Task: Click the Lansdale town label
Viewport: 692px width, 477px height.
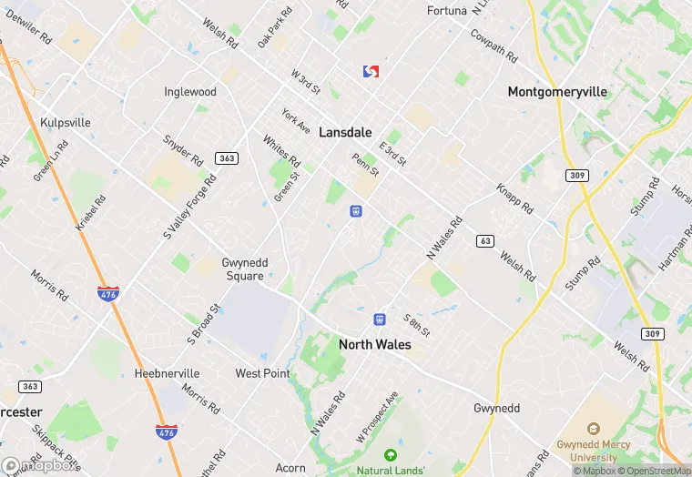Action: pos(345,133)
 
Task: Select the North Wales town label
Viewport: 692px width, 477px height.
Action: pos(374,345)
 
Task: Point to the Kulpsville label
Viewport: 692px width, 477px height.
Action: pos(66,122)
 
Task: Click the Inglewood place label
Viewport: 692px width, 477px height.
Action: pos(190,92)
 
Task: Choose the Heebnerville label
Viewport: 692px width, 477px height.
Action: pos(167,373)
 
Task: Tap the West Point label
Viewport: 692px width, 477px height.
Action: pos(262,373)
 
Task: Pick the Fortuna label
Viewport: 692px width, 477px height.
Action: pos(447,11)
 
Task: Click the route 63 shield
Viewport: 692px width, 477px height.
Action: pos(485,241)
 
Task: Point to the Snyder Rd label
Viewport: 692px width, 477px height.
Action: pos(182,152)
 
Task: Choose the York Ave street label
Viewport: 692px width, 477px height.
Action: pos(296,121)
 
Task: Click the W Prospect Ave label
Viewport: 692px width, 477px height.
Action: pos(377,418)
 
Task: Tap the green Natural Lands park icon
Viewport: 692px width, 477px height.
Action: pos(391,453)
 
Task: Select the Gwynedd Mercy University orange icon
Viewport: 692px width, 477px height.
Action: pos(594,428)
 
